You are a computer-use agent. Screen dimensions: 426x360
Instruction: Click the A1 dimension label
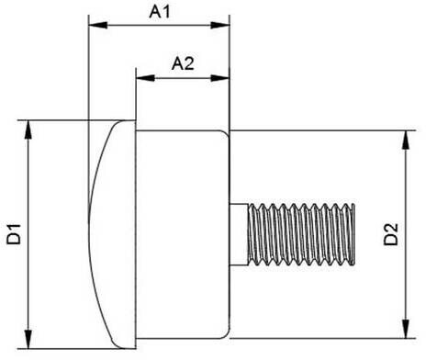coord(160,12)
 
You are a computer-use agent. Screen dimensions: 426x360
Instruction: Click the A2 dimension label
coord(183,63)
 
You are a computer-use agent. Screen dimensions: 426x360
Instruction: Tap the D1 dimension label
coord(14,234)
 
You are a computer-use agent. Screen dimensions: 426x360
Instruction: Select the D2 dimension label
coord(391,234)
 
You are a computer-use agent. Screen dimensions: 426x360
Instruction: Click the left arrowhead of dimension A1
coord(97,25)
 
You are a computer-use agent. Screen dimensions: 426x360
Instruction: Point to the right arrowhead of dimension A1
coord(220,25)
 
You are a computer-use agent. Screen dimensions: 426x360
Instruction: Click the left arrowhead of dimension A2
coord(145,78)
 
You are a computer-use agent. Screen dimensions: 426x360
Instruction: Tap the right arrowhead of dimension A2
coord(220,78)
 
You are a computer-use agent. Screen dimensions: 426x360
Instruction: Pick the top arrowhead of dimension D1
coord(28,130)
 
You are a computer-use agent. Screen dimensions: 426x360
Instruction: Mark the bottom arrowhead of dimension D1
coord(28,339)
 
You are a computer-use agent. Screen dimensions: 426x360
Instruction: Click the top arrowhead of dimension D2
coord(406,141)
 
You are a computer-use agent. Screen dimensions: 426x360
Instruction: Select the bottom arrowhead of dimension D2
coord(406,329)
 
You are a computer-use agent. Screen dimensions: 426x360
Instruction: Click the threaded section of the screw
coord(301,234)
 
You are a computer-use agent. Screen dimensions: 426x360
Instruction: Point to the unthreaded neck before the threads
coord(239,234)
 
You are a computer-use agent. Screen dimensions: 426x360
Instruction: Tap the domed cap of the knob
coord(112,234)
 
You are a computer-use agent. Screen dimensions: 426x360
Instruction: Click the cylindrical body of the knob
coord(183,234)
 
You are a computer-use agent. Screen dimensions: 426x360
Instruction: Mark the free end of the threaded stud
coord(354,234)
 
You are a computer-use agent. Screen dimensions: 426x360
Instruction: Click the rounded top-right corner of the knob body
coord(227,133)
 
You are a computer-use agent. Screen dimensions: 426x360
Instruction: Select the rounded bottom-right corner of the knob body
coord(227,335)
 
